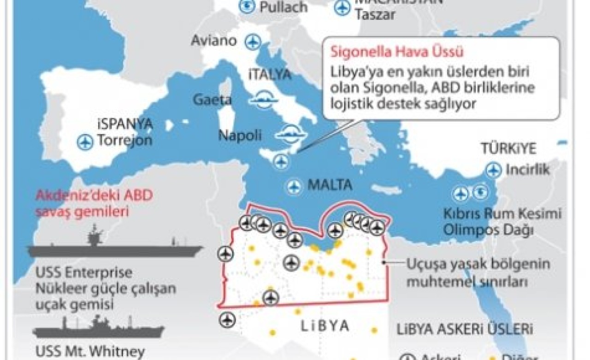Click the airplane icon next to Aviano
coord(252,41)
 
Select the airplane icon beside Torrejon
coord(85,142)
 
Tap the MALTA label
coord(330,185)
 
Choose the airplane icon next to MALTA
coord(294,186)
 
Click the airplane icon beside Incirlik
coord(494,171)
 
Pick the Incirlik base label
coord(528,170)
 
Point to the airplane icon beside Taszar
coord(342,7)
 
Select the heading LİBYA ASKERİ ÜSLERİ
coord(465,330)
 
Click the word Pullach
coord(283,7)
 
